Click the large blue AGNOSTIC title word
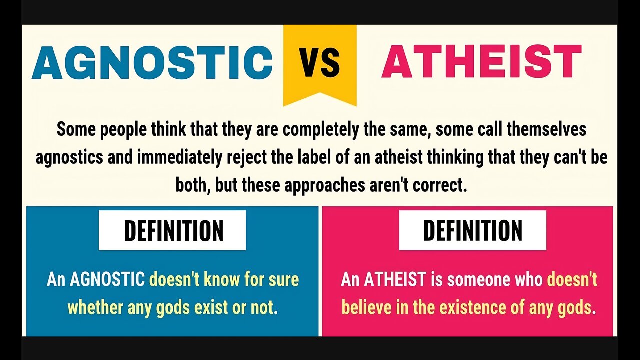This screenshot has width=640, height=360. pyautogui.click(x=152, y=63)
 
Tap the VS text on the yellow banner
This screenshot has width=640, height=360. pyautogui.click(x=320, y=63)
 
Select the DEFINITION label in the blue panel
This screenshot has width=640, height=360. pyautogui.click(x=173, y=231)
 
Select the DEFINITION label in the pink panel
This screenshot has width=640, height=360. pyautogui.click(x=472, y=230)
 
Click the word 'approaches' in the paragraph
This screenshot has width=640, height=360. pyautogui.click(x=326, y=185)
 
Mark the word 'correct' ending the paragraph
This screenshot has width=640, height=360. pyautogui.click(x=439, y=185)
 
